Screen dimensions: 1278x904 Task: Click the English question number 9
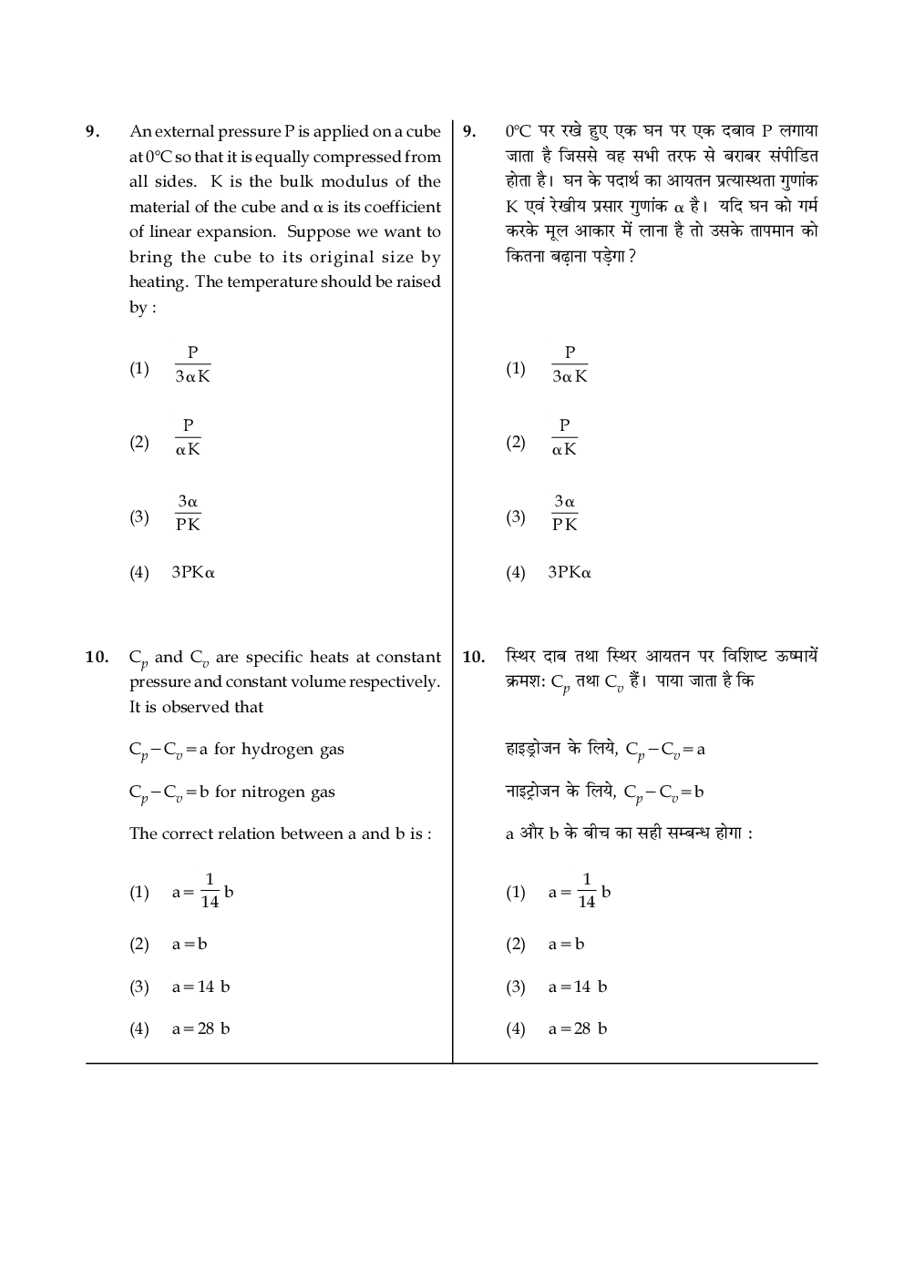click(x=91, y=131)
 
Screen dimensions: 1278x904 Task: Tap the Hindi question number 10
click(x=473, y=657)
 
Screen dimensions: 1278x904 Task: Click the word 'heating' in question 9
click(x=159, y=282)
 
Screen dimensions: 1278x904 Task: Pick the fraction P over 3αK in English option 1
click(x=192, y=364)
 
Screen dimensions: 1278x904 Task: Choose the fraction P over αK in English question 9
click(x=188, y=437)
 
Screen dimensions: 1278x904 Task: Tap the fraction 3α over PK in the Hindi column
click(x=564, y=513)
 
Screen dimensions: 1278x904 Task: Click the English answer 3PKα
click(x=193, y=573)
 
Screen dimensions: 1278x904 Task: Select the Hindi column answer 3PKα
click(x=570, y=573)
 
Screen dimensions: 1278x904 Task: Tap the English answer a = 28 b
click(x=200, y=1028)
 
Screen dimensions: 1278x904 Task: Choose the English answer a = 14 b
click(x=200, y=987)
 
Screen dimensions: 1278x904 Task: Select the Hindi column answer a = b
click(x=566, y=945)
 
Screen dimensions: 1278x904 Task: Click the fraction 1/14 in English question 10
click(x=210, y=891)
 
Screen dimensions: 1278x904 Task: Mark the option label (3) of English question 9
click(x=139, y=517)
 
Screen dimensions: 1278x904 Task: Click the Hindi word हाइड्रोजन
click(x=533, y=749)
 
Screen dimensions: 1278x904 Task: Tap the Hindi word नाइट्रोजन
click(x=533, y=791)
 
